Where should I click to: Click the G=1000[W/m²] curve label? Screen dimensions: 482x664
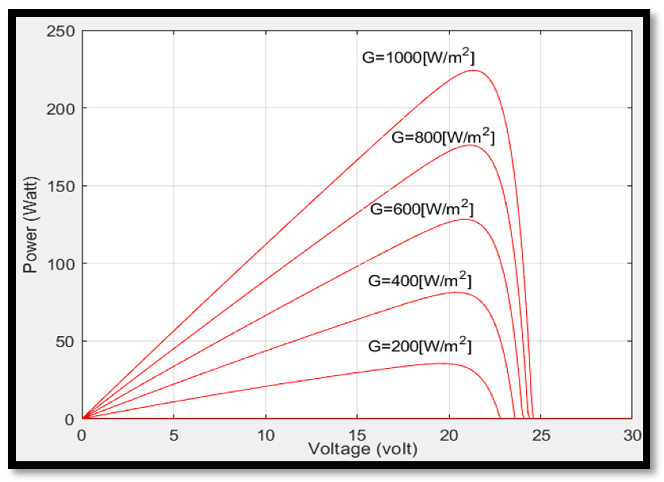pos(418,57)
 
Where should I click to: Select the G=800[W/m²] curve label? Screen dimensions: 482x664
pos(443,137)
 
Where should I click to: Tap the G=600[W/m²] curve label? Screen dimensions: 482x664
pos(422,209)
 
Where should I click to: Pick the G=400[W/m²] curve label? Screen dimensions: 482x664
pos(420,280)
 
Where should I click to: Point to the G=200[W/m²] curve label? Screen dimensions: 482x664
pos(420,346)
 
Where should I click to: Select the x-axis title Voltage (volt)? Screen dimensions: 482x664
pos(363,449)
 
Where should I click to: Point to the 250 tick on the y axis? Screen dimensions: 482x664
pos(61,31)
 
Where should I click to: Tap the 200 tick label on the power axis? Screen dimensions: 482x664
pos(61,109)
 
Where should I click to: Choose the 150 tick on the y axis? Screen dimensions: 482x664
pos(61,187)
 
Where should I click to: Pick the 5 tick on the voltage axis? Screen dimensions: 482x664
pos(174,435)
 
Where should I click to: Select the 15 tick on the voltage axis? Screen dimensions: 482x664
pos(357,435)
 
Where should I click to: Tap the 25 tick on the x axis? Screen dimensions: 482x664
pos(541,435)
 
